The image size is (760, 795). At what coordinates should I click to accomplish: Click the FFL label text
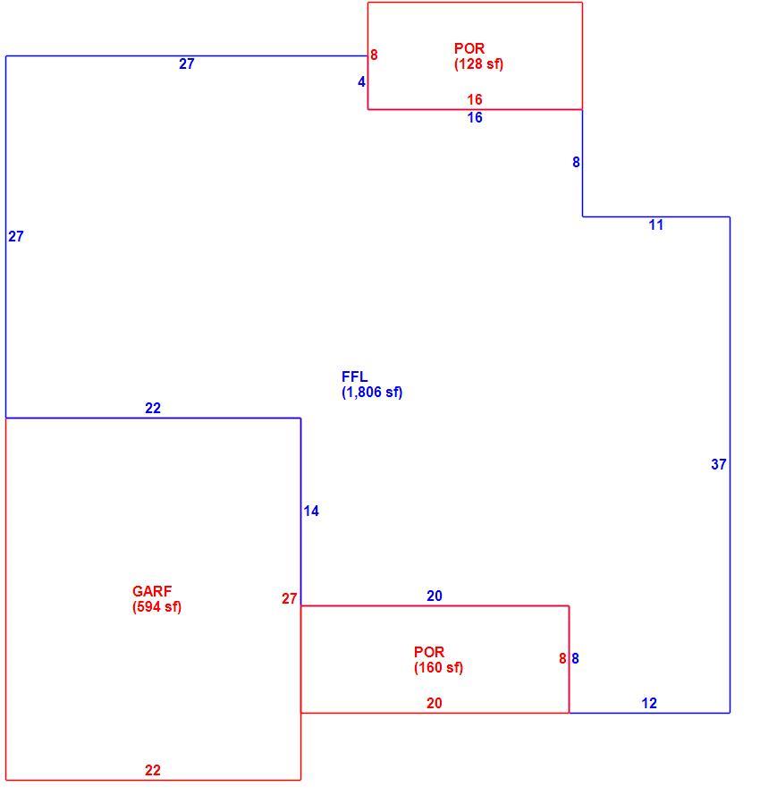(354, 376)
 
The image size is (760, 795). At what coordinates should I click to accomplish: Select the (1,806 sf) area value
(372, 393)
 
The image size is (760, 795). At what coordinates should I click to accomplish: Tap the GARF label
(152, 591)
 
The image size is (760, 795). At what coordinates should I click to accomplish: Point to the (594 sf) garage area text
(156, 607)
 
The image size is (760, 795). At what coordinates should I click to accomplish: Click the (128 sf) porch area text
(478, 63)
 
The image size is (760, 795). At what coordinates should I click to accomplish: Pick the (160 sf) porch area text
(438, 668)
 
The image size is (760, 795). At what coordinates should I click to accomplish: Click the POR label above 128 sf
(469, 48)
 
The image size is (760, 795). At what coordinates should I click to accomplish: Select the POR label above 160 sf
(429, 652)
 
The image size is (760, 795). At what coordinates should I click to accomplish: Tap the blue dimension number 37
(719, 464)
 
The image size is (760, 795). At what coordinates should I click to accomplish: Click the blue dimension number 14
(311, 512)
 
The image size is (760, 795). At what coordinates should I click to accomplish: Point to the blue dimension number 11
(656, 225)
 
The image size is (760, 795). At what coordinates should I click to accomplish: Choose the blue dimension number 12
(649, 703)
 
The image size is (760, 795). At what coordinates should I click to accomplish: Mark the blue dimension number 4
(361, 81)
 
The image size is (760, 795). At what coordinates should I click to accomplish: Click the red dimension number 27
(289, 599)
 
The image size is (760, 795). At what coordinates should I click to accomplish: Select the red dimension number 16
(475, 99)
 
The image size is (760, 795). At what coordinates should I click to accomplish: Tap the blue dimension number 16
(475, 118)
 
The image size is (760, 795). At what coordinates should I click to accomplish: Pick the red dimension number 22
(153, 770)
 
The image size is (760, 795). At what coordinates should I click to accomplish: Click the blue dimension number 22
(153, 408)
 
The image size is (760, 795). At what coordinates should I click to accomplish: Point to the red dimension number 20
(434, 703)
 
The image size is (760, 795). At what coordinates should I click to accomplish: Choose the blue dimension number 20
(434, 596)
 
